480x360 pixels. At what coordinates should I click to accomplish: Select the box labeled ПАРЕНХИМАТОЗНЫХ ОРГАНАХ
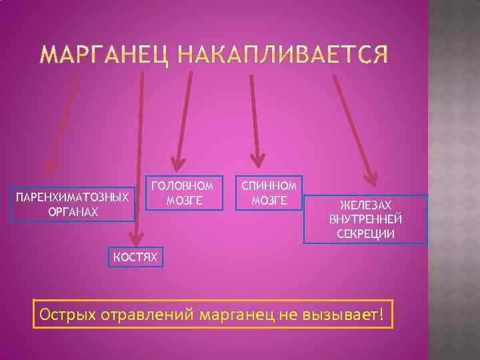coord(73,204)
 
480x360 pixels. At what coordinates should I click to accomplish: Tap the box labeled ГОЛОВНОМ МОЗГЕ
coord(185,193)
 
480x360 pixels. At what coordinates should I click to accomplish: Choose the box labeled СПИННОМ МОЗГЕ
coord(269,193)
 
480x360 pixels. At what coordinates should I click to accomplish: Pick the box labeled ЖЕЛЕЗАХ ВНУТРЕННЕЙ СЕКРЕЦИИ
coord(365,219)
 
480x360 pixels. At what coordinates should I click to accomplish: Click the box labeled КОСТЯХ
coord(135,257)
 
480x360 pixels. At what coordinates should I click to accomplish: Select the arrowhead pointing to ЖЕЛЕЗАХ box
coord(370,179)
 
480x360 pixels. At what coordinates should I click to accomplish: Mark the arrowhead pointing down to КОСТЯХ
coord(136,237)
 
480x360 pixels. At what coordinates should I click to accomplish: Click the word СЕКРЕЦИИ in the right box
coord(366,234)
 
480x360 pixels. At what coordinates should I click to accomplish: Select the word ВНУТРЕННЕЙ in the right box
coord(366,219)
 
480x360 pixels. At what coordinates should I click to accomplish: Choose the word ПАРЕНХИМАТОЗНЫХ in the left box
coord(73,198)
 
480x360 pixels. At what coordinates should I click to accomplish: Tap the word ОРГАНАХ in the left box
coord(73,211)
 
